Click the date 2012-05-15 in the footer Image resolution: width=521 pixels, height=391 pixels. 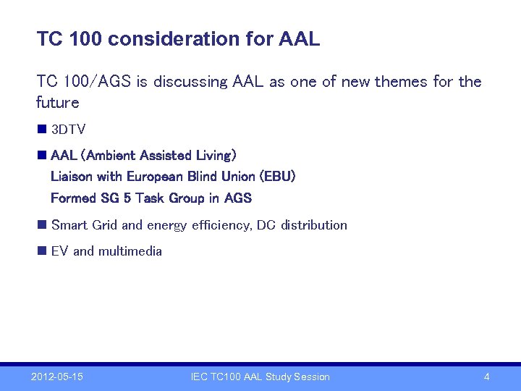tap(57, 377)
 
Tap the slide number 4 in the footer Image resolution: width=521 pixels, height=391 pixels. tap(486, 377)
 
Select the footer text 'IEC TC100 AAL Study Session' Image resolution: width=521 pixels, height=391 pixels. tap(260, 377)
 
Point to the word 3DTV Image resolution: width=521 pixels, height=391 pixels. tap(69, 130)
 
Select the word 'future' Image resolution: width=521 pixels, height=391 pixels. tap(58, 102)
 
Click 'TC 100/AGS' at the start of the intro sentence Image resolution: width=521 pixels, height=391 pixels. tap(83, 82)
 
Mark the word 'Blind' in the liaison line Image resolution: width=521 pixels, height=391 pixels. tap(203, 177)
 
